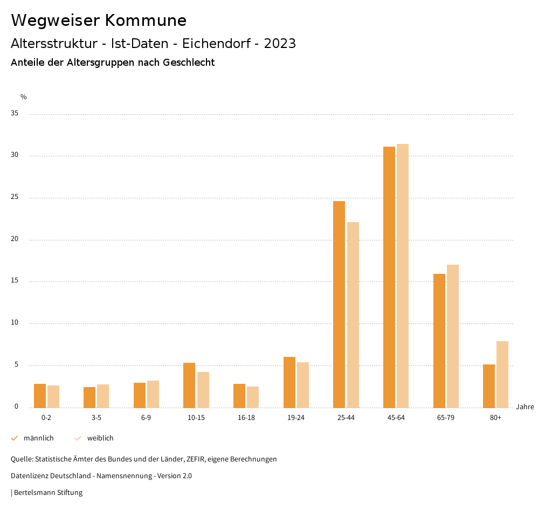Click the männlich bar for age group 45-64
pyautogui.click(x=389, y=277)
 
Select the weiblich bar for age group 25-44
pyautogui.click(x=353, y=315)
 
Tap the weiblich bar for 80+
pyautogui.click(x=502, y=375)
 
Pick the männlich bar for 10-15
pyautogui.click(x=189, y=385)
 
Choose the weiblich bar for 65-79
pyautogui.click(x=453, y=336)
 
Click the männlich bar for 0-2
pyautogui.click(x=40, y=396)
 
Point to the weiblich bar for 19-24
pyautogui.click(x=303, y=385)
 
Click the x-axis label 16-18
pyautogui.click(x=246, y=418)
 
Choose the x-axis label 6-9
pyautogui.click(x=146, y=418)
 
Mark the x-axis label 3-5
pyautogui.click(x=96, y=418)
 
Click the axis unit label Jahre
pyautogui.click(x=525, y=407)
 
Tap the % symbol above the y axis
pyautogui.click(x=24, y=97)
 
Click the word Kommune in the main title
pyautogui.click(x=146, y=20)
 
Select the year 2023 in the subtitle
pyautogui.click(x=280, y=44)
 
